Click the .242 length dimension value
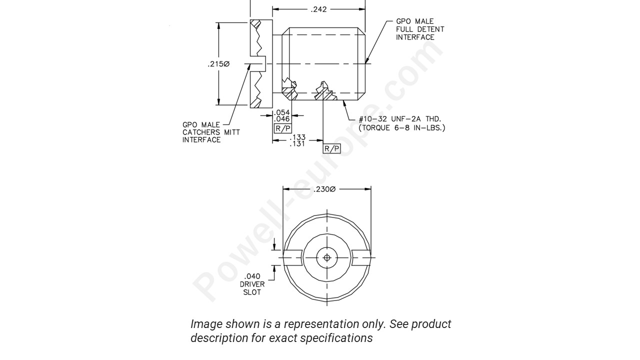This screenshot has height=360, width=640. click(318, 9)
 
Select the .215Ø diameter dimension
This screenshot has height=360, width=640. click(218, 64)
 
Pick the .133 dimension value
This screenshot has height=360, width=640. click(298, 137)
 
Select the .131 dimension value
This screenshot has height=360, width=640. click(298, 144)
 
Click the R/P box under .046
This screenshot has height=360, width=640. click(282, 128)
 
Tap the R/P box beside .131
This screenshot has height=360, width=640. click(331, 148)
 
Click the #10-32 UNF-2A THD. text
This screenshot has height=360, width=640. click(400, 119)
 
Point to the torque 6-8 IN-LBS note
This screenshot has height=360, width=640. click(401, 127)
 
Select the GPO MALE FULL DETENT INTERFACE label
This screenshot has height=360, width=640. click(419, 29)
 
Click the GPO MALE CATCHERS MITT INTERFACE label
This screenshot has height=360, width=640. click(210, 132)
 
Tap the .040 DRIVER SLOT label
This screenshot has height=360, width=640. click(252, 284)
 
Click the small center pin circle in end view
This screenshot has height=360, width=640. click(327, 258)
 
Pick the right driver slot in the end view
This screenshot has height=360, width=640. click(361, 257)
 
